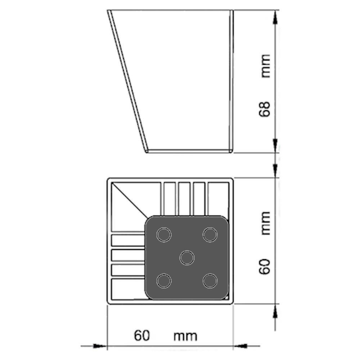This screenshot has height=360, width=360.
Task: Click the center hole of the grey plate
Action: [x=187, y=258]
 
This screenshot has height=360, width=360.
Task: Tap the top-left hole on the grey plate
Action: [x=164, y=235]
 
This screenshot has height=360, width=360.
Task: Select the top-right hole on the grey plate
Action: [x=210, y=235]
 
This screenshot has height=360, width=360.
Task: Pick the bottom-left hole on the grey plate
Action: [x=164, y=281]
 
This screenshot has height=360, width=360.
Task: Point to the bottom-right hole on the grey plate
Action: [x=210, y=281]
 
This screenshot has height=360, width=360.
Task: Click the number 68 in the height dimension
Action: [x=265, y=109]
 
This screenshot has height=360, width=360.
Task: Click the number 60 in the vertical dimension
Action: [x=265, y=266]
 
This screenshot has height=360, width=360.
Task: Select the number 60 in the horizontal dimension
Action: [x=142, y=336]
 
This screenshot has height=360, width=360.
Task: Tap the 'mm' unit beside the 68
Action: [x=266, y=66]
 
